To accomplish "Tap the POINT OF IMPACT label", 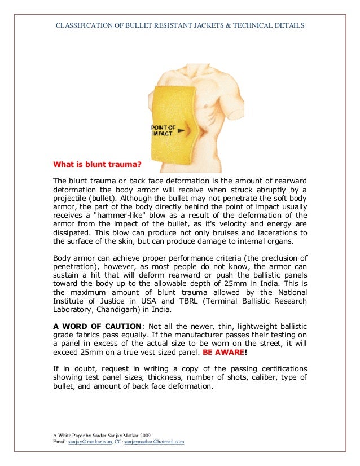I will pos(163,130).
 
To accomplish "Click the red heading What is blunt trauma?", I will pos(96,166).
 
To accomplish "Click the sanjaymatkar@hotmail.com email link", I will pos(154,442).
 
